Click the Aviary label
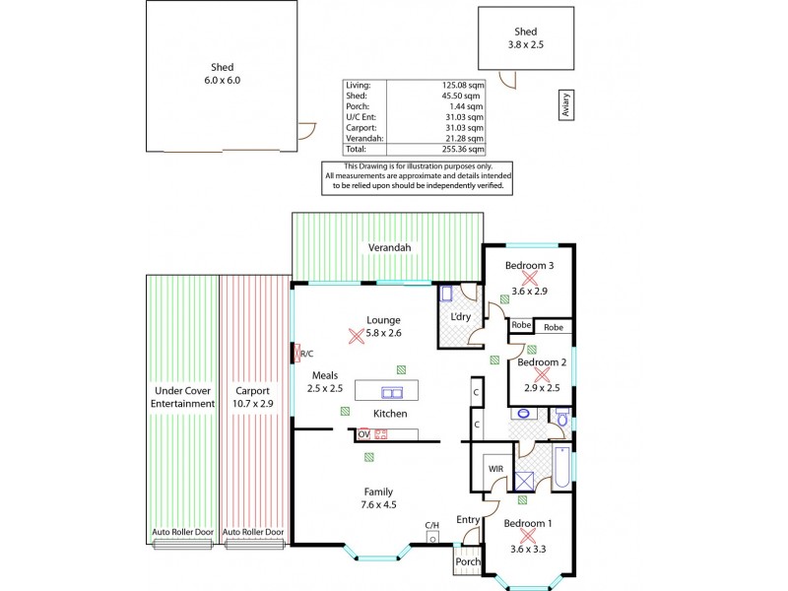tap(566, 105)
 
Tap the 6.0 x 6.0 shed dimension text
tap(223, 81)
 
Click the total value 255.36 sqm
tap(462, 150)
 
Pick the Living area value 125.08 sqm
tap(462, 86)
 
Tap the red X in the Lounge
tap(356, 335)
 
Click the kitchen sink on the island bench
tap(392, 392)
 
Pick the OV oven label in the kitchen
tap(362, 433)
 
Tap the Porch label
tap(467, 562)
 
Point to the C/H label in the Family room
tap(431, 525)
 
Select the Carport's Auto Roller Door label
tap(253, 532)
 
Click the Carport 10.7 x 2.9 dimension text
tap(254, 404)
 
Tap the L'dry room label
tap(459, 316)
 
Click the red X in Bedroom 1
tap(528, 536)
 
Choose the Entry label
tap(467, 519)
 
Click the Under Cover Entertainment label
tap(182, 396)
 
